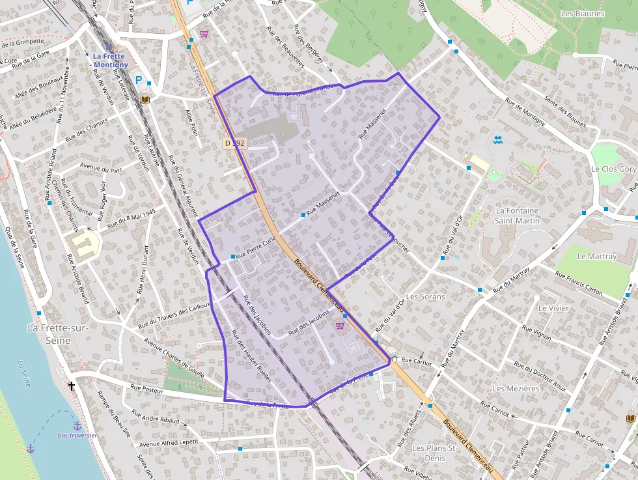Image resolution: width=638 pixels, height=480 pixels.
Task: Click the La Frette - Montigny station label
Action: point(109,61)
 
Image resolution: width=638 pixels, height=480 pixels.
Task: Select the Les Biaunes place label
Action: point(582,14)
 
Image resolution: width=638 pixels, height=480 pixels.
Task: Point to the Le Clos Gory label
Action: point(613,169)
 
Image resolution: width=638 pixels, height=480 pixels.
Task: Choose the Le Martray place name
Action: point(596,256)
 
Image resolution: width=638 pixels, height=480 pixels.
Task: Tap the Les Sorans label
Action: point(425,296)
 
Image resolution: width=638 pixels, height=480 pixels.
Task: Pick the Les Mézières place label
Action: point(516,388)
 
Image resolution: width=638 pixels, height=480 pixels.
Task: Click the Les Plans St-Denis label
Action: point(436,453)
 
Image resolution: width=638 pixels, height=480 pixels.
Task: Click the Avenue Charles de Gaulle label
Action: point(174,358)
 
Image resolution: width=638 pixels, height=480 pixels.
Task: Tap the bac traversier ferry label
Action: point(77,435)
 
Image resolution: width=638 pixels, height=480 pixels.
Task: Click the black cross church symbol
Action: point(72,386)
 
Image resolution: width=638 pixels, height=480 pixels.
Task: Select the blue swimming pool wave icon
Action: point(497,140)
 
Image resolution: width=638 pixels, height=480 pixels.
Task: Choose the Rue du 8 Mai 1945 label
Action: point(131,217)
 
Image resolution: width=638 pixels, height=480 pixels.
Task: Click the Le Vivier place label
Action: point(553,307)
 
